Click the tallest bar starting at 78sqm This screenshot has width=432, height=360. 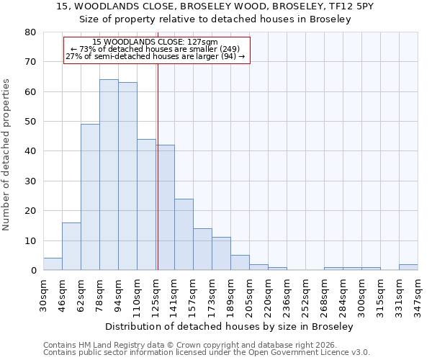pyautogui.click(x=109, y=175)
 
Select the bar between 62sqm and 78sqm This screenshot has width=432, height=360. pyautogui.click(x=90, y=197)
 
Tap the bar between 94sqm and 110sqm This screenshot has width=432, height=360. pyautogui.click(x=127, y=176)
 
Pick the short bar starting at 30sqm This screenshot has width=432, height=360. pyautogui.click(x=53, y=264)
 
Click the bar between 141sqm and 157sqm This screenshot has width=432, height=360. pyautogui.click(x=184, y=235)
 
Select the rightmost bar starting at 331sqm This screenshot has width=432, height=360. pyautogui.click(x=408, y=267)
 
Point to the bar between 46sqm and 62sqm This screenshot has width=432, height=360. pyautogui.click(x=71, y=246)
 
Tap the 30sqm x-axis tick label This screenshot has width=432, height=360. pyautogui.click(x=44, y=294)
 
